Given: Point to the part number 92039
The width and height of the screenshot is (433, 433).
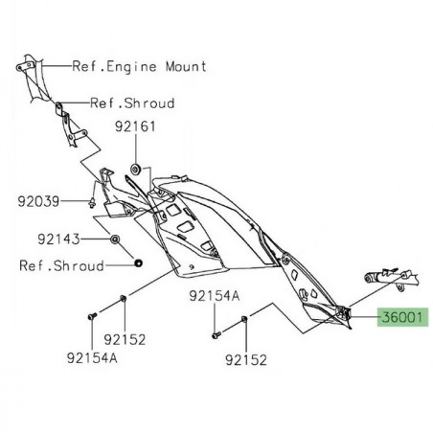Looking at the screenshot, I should click(x=37, y=201).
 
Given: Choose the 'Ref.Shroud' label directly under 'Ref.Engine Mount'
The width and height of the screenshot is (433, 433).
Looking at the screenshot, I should click(x=132, y=103).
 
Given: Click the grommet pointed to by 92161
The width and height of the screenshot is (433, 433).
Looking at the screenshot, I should click(x=136, y=169).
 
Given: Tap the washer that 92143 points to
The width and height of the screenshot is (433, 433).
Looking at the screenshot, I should click(x=115, y=238).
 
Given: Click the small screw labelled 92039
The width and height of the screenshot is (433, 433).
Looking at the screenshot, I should click(x=88, y=201).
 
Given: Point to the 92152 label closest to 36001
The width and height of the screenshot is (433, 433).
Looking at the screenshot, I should click(x=245, y=360).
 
